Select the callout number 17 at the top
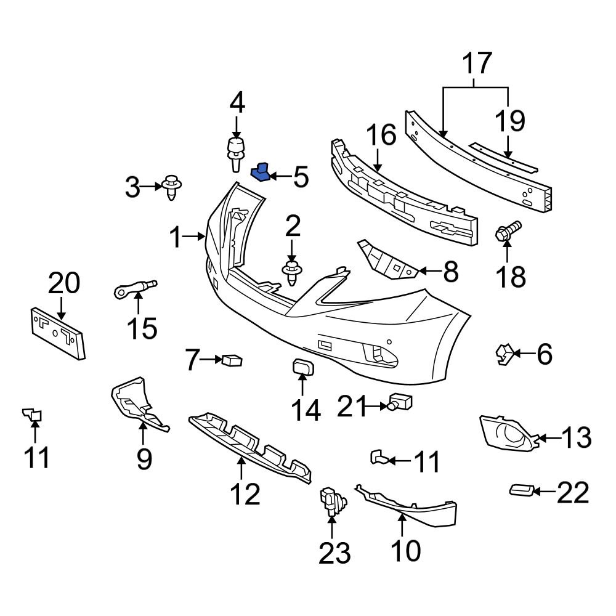click(x=477, y=63)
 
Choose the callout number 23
click(x=334, y=553)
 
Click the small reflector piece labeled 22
click(x=521, y=490)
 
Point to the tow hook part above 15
click(x=136, y=287)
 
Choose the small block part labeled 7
click(x=232, y=360)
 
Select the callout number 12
click(x=245, y=493)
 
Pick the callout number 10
click(x=404, y=549)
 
